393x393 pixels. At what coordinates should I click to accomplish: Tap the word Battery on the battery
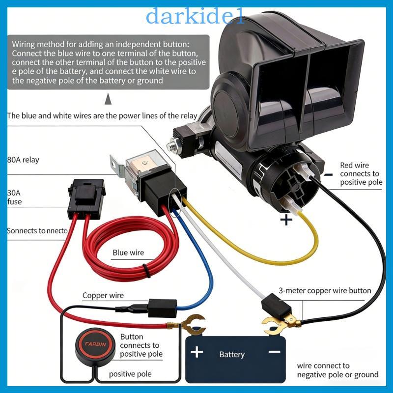click(x=232, y=354)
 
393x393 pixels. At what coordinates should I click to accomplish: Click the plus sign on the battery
click(x=197, y=352)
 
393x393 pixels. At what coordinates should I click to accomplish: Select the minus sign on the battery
click(x=274, y=352)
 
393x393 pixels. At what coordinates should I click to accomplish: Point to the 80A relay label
click(x=23, y=160)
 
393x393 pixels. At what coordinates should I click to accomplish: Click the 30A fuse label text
click(x=14, y=197)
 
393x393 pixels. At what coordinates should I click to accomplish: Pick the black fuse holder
click(x=86, y=199)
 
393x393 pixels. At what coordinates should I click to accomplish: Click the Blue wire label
click(x=128, y=253)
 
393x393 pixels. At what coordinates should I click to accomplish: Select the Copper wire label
click(x=103, y=296)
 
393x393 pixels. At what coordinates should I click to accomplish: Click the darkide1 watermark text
click(x=195, y=16)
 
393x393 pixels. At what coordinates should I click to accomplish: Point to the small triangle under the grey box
click(x=108, y=99)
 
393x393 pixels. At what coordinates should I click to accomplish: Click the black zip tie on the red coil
click(x=146, y=271)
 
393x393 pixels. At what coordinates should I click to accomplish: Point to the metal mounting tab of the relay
click(x=117, y=166)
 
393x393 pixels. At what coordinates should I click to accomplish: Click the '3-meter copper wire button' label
click(x=325, y=291)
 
